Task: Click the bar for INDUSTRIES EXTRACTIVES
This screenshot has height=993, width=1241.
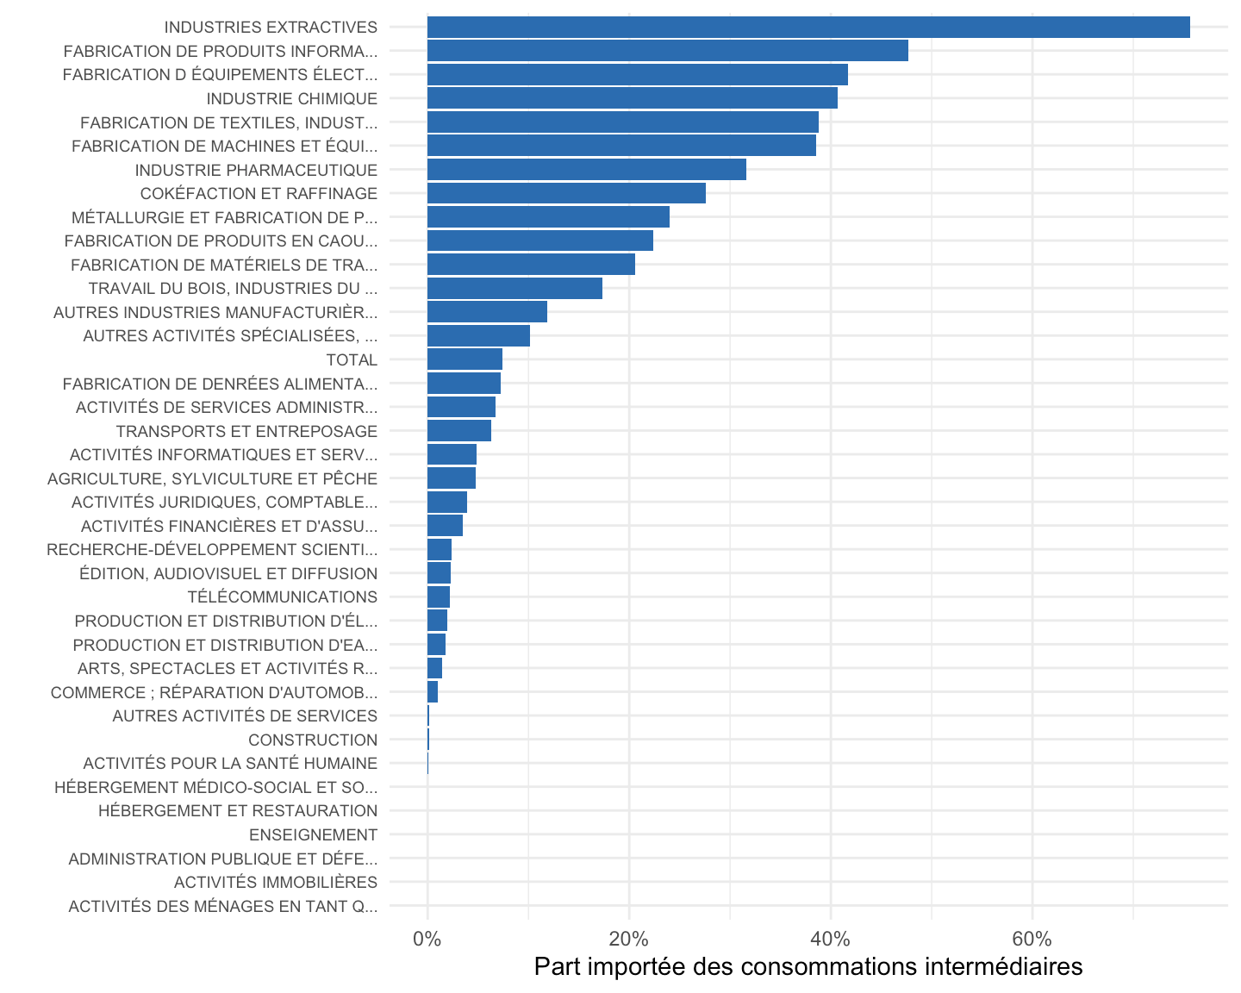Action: coord(808,27)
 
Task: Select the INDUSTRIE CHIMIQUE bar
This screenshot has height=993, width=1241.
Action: coord(632,98)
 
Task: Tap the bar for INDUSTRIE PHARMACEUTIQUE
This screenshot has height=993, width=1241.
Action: coord(587,170)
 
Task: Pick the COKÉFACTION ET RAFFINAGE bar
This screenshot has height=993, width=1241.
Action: coord(566,193)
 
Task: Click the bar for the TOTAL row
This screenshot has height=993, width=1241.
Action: coord(465,359)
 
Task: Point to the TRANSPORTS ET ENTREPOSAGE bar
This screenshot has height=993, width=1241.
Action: coord(459,431)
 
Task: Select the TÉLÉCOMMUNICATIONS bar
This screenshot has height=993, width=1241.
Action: coord(439,597)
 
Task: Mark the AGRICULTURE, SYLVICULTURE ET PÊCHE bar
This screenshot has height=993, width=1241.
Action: coord(452,478)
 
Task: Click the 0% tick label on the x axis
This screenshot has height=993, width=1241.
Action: coord(427,940)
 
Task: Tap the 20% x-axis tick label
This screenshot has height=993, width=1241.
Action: coord(628,940)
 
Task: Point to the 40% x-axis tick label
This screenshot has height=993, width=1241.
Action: coord(831,940)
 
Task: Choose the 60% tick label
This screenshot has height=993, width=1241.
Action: coord(1032,940)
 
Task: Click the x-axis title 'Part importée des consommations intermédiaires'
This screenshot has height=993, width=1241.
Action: coord(808,967)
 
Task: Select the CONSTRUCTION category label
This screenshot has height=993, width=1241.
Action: coord(313,740)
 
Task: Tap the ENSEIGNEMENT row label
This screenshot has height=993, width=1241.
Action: coord(313,835)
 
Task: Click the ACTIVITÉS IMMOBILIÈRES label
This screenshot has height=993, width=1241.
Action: coord(276,882)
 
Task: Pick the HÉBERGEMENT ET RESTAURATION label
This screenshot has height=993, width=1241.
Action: coord(238,810)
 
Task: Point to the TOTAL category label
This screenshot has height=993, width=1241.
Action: coord(352,360)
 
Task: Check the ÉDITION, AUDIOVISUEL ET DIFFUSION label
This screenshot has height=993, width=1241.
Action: coord(228,573)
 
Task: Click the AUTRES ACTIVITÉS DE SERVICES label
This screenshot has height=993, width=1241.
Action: coord(245,716)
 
